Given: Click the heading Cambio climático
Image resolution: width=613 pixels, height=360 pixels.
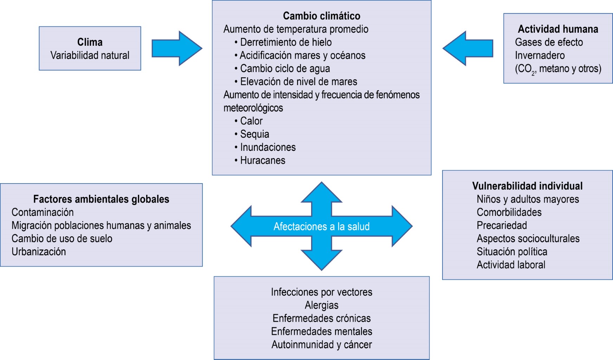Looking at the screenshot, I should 321,16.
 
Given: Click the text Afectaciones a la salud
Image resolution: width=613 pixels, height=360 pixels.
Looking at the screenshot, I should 321,226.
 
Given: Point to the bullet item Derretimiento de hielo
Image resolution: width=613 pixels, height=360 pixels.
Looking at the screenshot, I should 285,42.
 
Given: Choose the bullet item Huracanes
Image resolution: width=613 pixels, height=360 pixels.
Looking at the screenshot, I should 262,160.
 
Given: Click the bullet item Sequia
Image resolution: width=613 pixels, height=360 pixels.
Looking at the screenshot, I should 254,134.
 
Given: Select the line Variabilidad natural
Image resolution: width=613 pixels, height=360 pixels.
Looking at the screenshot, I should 90,55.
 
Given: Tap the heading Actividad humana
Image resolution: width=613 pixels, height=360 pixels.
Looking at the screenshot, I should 558,29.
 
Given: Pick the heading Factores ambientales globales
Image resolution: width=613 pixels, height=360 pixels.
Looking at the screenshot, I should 101,199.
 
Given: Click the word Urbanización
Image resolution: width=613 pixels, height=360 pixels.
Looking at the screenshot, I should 39,252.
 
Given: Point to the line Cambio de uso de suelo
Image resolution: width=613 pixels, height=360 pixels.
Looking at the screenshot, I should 62,238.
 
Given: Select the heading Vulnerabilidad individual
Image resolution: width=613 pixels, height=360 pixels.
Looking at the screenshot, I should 527,186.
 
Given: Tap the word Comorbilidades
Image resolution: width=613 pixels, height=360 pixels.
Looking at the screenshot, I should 509,212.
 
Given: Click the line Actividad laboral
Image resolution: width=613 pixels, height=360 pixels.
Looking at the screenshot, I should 511,265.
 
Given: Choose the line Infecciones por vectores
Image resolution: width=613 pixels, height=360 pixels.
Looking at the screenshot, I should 321,292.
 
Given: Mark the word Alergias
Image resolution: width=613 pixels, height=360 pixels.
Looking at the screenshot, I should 321,305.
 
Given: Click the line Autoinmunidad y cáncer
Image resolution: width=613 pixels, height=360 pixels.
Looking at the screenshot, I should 321,345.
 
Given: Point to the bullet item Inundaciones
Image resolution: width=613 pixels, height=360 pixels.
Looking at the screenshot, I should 267,147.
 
